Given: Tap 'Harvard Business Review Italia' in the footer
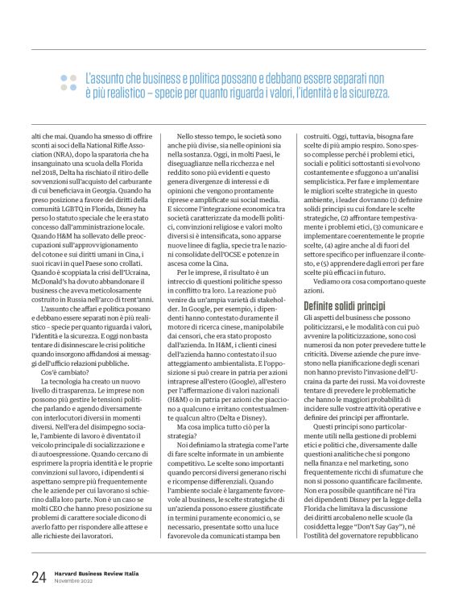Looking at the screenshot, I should click(96, 573).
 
